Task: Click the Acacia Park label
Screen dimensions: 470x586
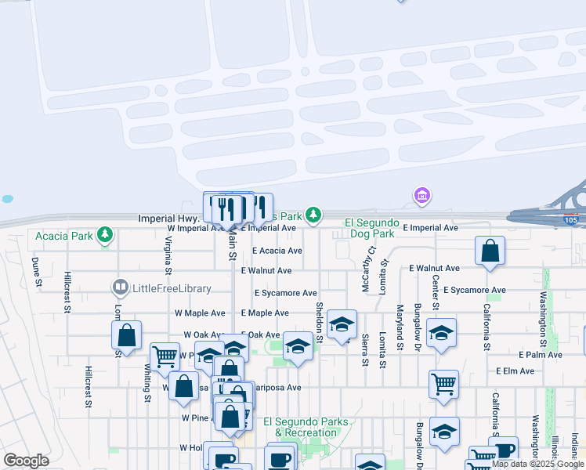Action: click(63, 236)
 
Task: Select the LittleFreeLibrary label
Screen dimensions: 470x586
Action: click(172, 288)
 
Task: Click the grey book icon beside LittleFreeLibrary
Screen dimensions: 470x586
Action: click(120, 288)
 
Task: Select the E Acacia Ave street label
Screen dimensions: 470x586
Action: click(277, 251)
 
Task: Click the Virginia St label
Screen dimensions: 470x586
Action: click(168, 258)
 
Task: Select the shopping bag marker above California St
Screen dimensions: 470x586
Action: click(490, 251)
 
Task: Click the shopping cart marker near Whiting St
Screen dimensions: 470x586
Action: click(165, 357)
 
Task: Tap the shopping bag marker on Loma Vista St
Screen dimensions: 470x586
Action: click(126, 335)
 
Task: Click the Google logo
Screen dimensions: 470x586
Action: click(27, 461)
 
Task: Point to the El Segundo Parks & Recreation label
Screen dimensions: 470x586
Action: click(306, 428)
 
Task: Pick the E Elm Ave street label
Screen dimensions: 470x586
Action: click(515, 371)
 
